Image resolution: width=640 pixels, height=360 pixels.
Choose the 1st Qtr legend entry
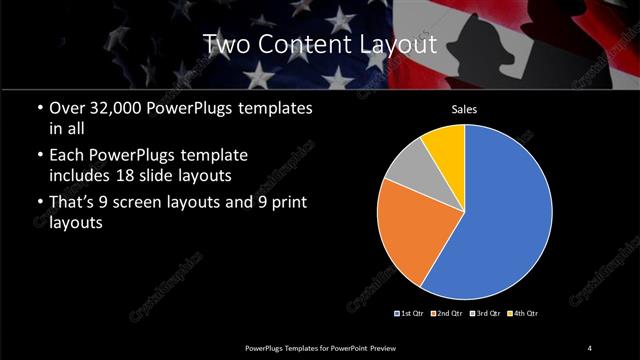[x=411, y=314]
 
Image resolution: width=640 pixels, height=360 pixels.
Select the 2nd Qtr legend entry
[x=446, y=314]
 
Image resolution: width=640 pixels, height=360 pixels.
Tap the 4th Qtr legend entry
[x=521, y=314]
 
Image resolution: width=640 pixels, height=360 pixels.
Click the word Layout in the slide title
[x=393, y=44]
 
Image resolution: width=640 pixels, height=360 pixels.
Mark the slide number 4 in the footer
[x=590, y=347]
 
